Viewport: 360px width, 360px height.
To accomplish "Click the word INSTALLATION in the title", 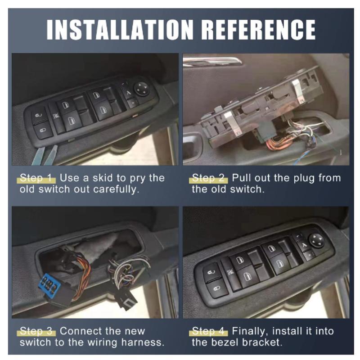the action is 120,30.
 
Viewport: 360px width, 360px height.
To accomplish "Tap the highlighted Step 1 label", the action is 36,178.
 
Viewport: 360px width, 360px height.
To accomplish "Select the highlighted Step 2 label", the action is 208,178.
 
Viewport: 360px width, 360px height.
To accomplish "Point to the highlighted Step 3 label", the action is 36,331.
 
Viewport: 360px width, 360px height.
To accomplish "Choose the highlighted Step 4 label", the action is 208,331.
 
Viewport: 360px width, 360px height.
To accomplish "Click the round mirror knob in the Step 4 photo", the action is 317,240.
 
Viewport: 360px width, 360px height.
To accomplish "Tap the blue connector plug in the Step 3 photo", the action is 49,286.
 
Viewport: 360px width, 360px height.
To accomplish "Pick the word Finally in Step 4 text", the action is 250,332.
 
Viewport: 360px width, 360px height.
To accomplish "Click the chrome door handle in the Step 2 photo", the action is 212,61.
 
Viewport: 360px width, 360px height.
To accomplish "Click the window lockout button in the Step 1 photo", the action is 56,116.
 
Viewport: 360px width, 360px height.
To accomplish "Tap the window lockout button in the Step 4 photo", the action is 230,273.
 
